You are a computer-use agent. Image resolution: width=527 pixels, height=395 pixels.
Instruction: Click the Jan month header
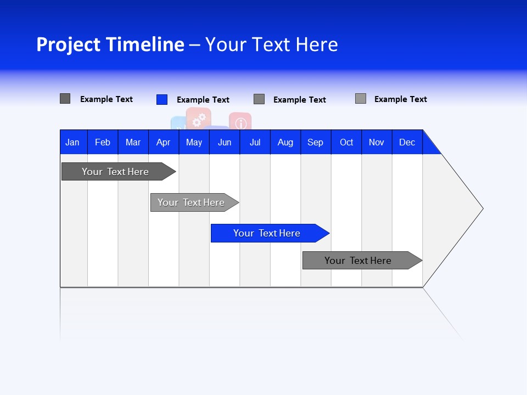click(72, 142)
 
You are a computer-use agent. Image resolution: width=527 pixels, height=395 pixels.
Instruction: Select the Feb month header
click(103, 142)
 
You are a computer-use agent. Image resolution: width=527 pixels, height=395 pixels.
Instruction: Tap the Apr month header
click(163, 142)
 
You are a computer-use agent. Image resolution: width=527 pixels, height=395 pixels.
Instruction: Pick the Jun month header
click(225, 142)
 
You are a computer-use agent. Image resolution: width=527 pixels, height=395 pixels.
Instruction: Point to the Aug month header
click(285, 142)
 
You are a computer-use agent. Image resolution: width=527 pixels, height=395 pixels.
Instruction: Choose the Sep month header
click(315, 142)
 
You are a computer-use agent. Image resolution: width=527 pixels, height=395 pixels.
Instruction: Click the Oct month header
click(346, 142)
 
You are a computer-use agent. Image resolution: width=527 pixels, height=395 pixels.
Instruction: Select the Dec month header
click(407, 142)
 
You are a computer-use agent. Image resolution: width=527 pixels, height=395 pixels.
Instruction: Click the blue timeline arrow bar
click(269, 233)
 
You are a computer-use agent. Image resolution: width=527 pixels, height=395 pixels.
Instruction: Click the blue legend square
click(162, 99)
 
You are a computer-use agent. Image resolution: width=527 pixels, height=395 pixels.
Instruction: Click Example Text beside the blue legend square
click(203, 100)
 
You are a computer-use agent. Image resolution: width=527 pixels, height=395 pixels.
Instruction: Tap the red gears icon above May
click(199, 117)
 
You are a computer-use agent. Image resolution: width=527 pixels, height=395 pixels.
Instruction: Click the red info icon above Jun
click(240, 122)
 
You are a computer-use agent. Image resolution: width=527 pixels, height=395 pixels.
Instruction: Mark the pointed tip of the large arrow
click(482, 208)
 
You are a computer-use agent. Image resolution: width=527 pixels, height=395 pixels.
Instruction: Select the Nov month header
click(377, 142)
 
